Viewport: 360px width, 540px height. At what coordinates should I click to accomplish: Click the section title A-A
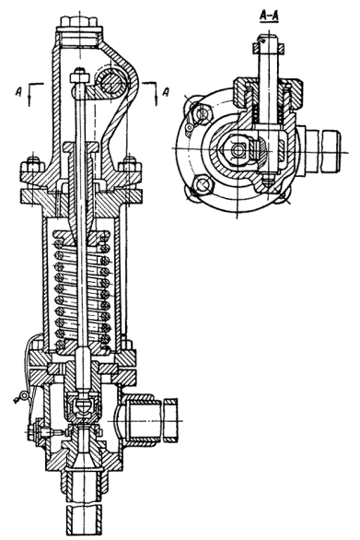pos(269,18)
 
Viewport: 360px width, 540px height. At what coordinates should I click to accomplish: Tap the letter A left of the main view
pos(18,91)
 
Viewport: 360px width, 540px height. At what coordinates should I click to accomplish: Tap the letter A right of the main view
pos(166,92)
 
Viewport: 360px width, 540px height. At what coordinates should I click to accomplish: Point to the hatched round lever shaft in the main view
pos(111,83)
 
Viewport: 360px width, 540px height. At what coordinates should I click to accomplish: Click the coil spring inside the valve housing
pos(82,288)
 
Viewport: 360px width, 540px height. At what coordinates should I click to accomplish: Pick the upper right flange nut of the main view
pos(131,168)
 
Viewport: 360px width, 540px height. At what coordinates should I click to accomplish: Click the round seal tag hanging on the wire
pos(23,397)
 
